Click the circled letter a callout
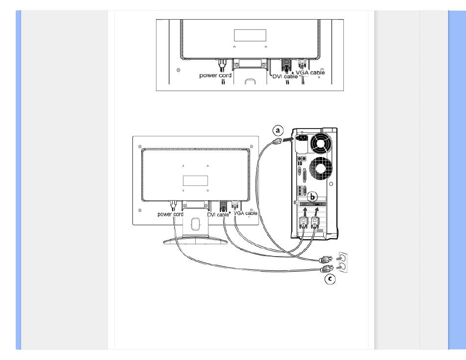point(278,130)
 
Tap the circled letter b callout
point(312,197)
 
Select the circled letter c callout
point(330,279)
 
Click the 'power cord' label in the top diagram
point(215,76)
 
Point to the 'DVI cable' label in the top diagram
point(285,77)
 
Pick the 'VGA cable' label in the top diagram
point(310,73)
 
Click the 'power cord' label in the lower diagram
point(170,214)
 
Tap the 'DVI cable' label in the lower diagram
point(218,215)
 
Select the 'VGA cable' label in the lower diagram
point(245,213)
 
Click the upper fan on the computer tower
point(320,142)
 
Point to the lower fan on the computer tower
point(320,169)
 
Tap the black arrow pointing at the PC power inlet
point(287,139)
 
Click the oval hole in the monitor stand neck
point(195,224)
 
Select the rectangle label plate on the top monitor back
point(250,35)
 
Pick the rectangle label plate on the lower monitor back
point(195,181)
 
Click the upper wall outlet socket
point(343,257)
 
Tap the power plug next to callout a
point(277,142)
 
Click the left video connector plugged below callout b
point(304,222)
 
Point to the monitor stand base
point(195,240)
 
